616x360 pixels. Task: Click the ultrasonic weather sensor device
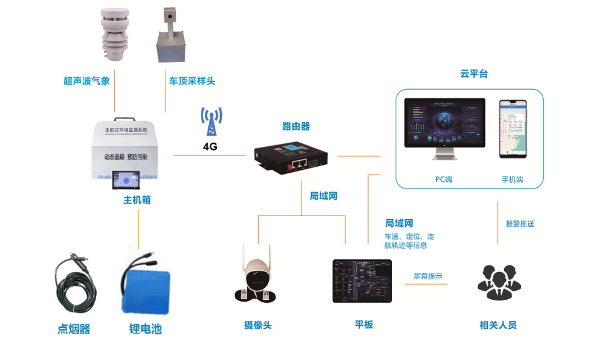point(112,35)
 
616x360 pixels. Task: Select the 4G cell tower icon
point(211,122)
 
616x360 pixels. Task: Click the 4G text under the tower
point(211,146)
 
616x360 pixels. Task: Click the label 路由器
point(296,126)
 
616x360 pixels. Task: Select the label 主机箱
point(137,200)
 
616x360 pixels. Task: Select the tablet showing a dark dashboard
point(362,281)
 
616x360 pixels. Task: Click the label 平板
point(364,324)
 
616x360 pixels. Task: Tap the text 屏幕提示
point(428,276)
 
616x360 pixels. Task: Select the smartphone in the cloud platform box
point(513,129)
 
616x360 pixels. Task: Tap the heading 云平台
point(474,74)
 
